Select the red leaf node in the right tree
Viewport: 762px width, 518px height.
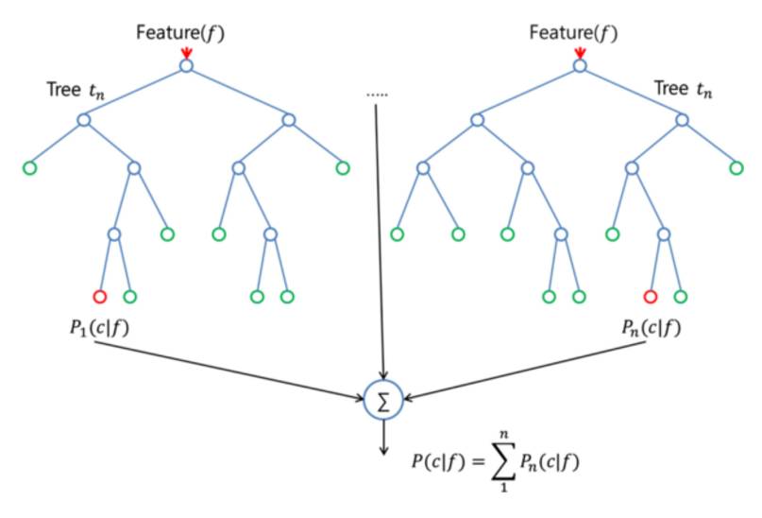[649, 296]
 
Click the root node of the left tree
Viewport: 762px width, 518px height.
[186, 65]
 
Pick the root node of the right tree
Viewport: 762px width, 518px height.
[579, 65]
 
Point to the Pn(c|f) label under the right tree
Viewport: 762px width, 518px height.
[650, 331]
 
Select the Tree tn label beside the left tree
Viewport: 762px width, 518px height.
[77, 93]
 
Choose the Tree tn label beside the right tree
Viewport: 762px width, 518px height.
[685, 93]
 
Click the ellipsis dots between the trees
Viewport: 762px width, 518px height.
[377, 95]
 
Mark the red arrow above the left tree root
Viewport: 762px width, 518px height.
[186, 52]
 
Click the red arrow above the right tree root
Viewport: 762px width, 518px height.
[579, 52]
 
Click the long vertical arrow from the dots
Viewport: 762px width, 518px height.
[378, 236]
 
